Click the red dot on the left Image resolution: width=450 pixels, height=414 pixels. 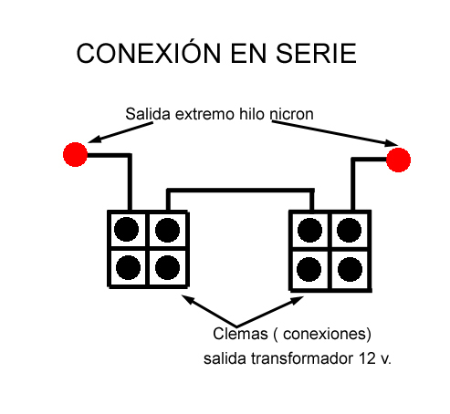point(75,154)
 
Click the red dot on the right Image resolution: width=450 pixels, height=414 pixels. point(398,160)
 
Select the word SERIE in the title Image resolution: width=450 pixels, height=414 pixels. point(316,54)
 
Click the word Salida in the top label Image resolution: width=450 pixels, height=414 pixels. point(148,114)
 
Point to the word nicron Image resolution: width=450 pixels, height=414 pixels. point(291,115)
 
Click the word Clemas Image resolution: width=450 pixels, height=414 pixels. point(240,334)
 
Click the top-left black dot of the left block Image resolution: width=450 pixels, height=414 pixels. point(126,230)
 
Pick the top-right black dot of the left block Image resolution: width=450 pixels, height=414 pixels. point(167,230)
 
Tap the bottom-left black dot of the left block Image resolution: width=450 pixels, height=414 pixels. point(128,267)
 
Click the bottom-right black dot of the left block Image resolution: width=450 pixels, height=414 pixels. point(167,267)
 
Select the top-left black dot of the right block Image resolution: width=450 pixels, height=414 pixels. point(309,230)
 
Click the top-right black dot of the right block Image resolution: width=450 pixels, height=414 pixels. point(349,230)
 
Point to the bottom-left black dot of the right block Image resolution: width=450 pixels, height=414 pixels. point(309,269)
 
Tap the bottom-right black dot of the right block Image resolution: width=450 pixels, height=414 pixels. point(350,269)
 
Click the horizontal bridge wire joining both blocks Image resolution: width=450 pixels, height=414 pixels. point(240,191)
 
